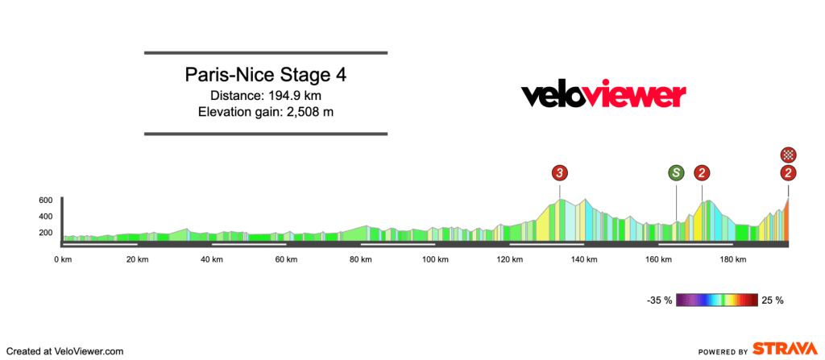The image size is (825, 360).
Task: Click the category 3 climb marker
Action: pos(560,172)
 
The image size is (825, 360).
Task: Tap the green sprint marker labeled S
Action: pos(676,172)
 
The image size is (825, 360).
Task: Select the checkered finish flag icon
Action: pos(788,155)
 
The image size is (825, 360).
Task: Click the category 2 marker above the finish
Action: pos(788,172)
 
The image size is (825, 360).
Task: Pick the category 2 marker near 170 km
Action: pos(703,172)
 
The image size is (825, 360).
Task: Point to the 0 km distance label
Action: pos(64,259)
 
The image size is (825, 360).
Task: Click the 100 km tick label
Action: pos(435,259)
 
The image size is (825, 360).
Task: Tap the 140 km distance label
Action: pos(584,259)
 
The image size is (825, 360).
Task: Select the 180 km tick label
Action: pos(733,259)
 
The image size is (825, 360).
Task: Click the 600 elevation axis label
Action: pos(45,200)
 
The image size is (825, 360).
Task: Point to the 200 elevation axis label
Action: pos(45,233)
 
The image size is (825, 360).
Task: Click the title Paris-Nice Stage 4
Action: pos(266,76)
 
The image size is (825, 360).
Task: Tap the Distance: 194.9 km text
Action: pos(266,95)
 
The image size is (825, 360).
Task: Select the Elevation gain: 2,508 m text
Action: pos(266,111)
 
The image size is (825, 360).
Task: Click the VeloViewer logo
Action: pos(603,95)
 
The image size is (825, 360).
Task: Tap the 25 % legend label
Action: pos(773,300)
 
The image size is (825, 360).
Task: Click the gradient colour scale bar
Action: pos(716,300)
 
